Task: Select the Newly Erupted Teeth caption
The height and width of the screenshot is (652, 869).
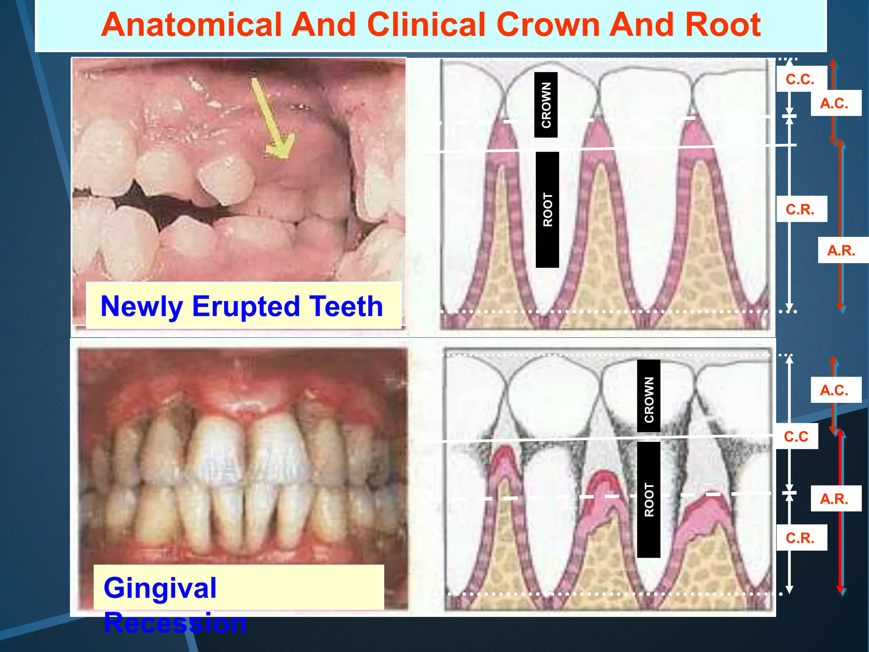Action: tap(242, 306)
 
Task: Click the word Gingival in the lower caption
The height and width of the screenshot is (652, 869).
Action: tap(160, 588)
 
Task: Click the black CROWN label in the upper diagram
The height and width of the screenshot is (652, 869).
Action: tap(546, 105)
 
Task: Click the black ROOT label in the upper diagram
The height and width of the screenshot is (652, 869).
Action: tap(547, 210)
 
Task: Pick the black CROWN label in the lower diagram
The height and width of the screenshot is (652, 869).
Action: tap(649, 396)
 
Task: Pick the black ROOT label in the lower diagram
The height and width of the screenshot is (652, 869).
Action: tap(649, 500)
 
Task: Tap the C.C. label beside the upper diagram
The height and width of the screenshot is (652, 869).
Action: tap(800, 79)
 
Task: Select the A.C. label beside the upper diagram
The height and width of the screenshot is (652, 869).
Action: tap(834, 103)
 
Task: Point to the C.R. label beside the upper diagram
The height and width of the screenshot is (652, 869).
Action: tap(800, 209)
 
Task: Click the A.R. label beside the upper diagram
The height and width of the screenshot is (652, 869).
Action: tap(841, 250)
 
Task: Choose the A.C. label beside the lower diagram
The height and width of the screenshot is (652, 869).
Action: tap(834, 390)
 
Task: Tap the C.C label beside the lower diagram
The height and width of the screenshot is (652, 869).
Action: tap(796, 436)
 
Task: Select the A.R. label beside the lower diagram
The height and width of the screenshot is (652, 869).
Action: tap(834, 498)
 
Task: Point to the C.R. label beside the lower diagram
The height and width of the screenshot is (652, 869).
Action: tap(800, 538)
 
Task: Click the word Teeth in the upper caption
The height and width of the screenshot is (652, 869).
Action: tap(346, 306)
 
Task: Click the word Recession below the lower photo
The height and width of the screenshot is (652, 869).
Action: tap(175, 623)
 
